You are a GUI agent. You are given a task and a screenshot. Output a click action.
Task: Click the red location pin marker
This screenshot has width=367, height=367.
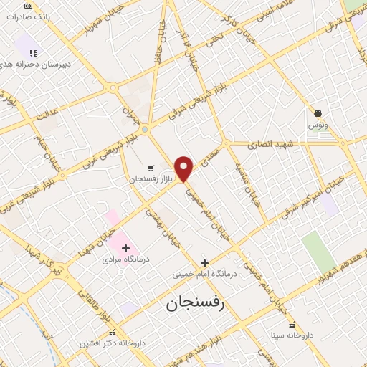[x=184, y=168]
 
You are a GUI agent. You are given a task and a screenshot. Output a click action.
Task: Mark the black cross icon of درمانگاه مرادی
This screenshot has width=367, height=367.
[x=126, y=248]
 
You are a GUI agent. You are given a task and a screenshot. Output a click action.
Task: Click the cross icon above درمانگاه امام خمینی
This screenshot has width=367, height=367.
[x=204, y=263]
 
